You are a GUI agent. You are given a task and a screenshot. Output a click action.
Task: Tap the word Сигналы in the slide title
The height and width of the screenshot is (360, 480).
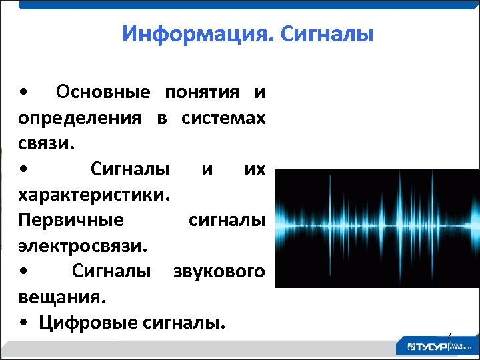pos(327,33)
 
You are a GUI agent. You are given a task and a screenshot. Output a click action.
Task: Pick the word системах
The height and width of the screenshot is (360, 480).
pos(223,119)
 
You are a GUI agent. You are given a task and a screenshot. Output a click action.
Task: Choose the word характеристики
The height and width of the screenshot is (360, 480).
pos(94,195)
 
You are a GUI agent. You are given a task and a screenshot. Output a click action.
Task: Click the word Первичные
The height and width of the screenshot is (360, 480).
pos(71,221)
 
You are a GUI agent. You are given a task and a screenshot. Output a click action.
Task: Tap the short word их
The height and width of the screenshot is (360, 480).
pos(254,170)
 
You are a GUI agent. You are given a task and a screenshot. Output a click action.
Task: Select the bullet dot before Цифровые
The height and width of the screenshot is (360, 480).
pos(24,324)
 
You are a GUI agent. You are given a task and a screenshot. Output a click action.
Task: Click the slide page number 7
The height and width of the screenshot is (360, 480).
pos(449,335)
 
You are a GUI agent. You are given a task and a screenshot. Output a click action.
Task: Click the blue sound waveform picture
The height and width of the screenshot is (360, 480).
pos(377,228)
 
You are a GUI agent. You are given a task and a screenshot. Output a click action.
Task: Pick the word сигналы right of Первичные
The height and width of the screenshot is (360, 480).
pos(227,221)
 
